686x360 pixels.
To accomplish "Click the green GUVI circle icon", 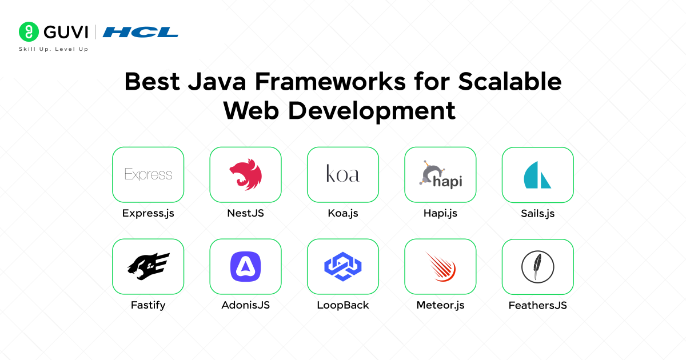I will click(28, 31).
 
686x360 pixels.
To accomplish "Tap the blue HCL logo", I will click(140, 32).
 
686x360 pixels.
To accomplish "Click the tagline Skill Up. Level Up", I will click(54, 49).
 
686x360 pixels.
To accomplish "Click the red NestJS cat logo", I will click(245, 175).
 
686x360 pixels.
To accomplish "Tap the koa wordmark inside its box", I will click(342, 174).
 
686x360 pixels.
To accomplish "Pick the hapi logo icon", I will click(440, 175).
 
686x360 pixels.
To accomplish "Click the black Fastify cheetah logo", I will click(148, 266).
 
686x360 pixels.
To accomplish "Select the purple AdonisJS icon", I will click(245, 267).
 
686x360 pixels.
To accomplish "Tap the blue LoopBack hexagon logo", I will click(343, 267).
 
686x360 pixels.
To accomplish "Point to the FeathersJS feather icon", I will click(537, 267).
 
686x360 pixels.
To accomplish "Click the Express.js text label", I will click(148, 213).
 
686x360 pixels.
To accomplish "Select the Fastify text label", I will click(148, 305).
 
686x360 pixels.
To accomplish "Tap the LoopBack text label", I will click(343, 305).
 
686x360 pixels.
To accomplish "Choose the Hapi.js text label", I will click(440, 213).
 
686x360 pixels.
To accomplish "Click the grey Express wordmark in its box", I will click(148, 174).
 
